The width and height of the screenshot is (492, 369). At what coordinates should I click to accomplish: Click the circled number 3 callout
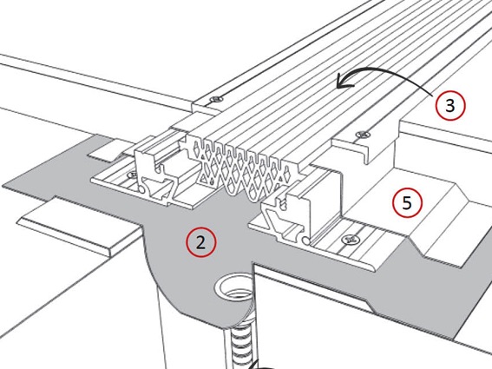tap(450, 106)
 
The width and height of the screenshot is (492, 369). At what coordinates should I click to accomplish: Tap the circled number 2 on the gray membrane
tap(200, 242)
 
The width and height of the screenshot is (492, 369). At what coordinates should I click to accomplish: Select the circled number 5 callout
tap(407, 202)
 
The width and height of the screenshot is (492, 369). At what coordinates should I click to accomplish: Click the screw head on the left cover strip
tap(216, 99)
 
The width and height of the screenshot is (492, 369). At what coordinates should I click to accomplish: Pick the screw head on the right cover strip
tap(363, 135)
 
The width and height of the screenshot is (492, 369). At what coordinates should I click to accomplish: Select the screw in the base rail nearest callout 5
tap(351, 240)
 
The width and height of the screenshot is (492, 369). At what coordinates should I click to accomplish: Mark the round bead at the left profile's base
tap(141, 189)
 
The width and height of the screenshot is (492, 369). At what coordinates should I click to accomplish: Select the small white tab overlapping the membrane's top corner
tap(105, 151)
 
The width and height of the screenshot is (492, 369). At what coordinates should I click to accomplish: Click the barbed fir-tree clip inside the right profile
tap(284, 201)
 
